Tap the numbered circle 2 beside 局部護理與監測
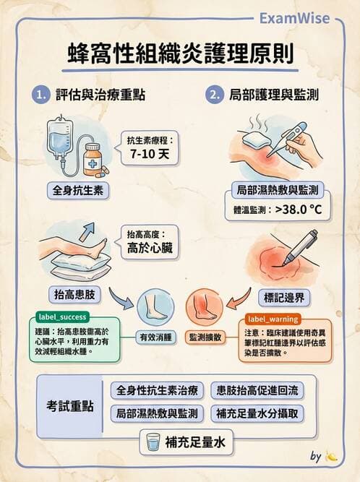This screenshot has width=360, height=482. coord(214,95)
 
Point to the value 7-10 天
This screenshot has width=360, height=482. coord(152,154)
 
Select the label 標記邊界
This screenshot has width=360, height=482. coord(283,296)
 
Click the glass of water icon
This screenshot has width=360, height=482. coord(153,442)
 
